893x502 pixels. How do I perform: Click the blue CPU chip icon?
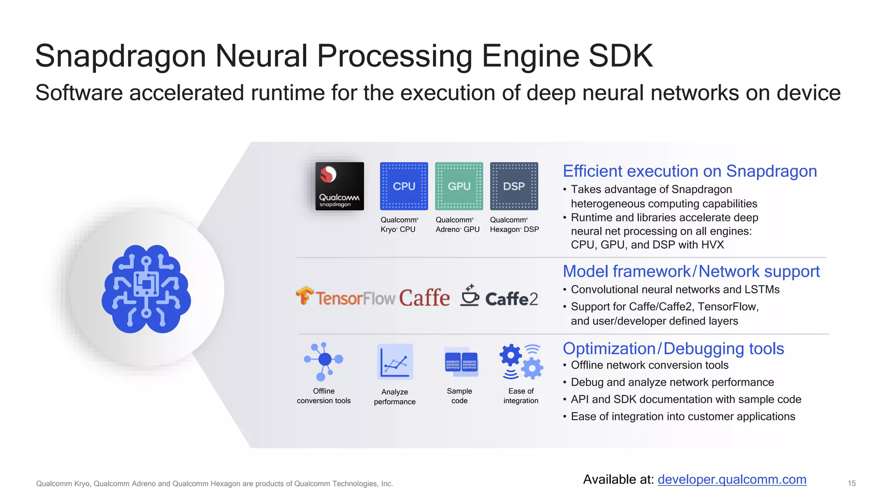tap(404, 186)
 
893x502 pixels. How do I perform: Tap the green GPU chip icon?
tap(459, 186)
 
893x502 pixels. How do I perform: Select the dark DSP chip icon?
tap(514, 186)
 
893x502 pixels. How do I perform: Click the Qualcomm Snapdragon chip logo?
tap(339, 186)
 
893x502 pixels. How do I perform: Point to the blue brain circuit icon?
tap(146, 289)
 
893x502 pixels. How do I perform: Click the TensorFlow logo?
tap(346, 297)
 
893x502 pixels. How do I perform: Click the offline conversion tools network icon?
tap(324, 361)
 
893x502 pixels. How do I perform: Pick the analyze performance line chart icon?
tap(395, 362)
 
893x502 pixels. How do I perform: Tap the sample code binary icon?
tap(461, 362)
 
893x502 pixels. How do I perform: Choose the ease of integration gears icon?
tap(521, 362)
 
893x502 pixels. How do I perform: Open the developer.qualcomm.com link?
tap(732, 479)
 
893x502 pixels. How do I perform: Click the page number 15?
tap(851, 483)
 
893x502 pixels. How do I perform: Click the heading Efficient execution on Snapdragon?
tap(689, 171)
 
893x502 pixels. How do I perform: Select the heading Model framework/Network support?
tap(691, 271)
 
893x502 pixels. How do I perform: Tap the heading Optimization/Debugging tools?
tap(673, 349)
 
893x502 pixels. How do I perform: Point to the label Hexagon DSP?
tap(514, 229)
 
